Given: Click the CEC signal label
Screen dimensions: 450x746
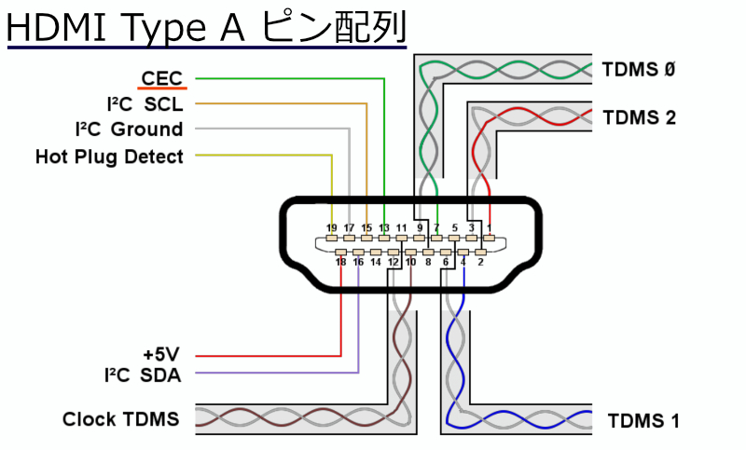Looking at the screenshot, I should (x=161, y=78).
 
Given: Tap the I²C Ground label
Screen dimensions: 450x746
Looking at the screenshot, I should (x=129, y=130).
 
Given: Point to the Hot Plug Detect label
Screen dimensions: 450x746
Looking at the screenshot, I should (x=109, y=157).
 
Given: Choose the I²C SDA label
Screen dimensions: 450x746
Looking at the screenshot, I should (x=143, y=375).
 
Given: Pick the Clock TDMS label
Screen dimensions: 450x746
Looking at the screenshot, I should (x=120, y=419).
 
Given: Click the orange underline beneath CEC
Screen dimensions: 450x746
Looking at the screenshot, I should (x=161, y=89).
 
